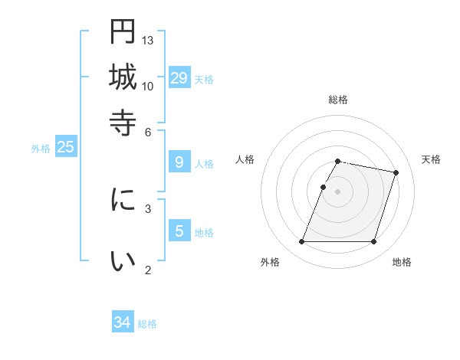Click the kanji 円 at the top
click(123, 31)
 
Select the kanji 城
click(123, 77)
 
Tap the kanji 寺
click(123, 122)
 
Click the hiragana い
click(123, 261)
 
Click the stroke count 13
click(148, 40)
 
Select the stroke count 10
click(148, 86)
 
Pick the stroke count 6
click(148, 131)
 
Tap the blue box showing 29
click(179, 78)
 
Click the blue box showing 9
click(179, 162)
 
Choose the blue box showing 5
click(179, 231)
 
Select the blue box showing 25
click(65, 147)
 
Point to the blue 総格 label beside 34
click(147, 324)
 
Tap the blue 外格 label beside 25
click(41, 149)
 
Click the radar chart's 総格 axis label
click(337, 100)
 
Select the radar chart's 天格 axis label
click(431, 159)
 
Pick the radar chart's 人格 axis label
click(245, 159)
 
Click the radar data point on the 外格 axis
click(302, 242)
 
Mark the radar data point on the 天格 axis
click(396, 173)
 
